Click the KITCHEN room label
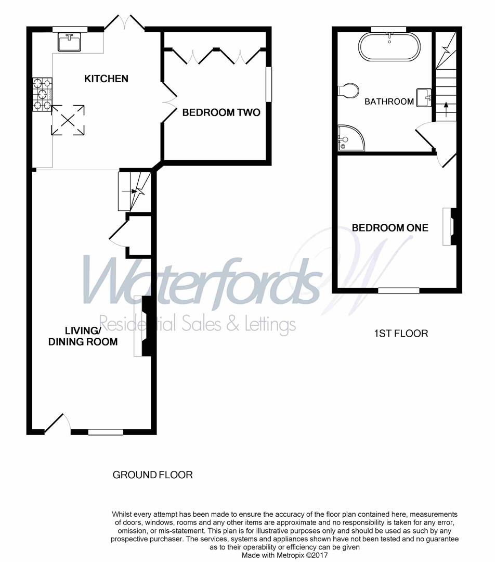tap(106, 79)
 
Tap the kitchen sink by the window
tap(69, 41)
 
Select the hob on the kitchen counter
tap(42, 94)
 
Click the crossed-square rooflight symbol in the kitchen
tap(68, 120)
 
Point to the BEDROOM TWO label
tap(221, 112)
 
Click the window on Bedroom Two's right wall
tap(269, 84)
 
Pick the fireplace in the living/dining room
tap(141, 326)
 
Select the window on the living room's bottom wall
tap(106, 431)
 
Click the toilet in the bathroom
tap(346, 91)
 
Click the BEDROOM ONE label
tap(390, 228)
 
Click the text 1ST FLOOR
tap(401, 334)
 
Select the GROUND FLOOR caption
tap(153, 475)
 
